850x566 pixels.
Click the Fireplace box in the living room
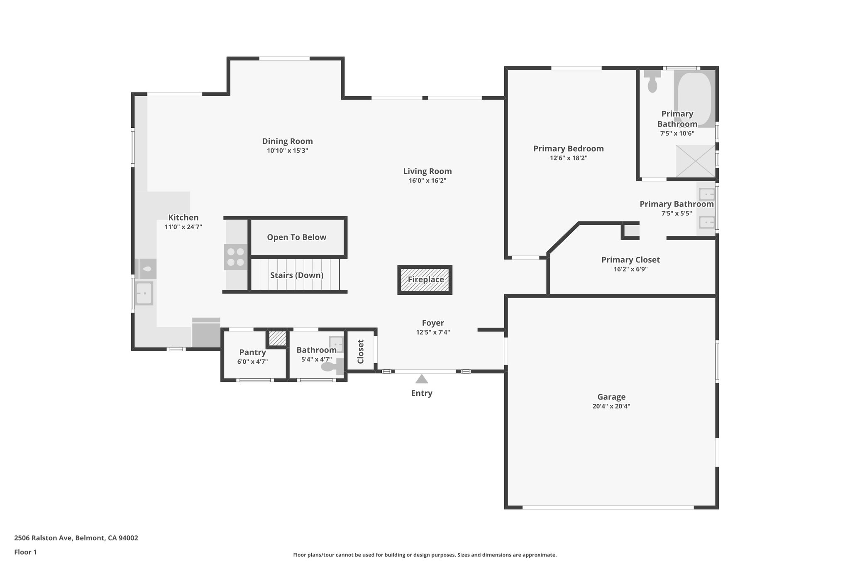pyautogui.click(x=425, y=280)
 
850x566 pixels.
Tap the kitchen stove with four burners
pyautogui.click(x=236, y=257)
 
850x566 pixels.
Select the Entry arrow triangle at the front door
pyautogui.click(x=422, y=379)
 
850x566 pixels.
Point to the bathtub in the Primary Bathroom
pyautogui.click(x=694, y=99)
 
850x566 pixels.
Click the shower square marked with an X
pyautogui.click(x=695, y=161)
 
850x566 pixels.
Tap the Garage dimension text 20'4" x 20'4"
pyautogui.click(x=611, y=406)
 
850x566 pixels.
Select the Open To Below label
pyautogui.click(x=296, y=237)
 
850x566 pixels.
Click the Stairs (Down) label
pyautogui.click(x=296, y=275)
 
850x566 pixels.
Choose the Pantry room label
pyautogui.click(x=252, y=352)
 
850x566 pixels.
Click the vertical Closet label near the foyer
pyautogui.click(x=361, y=351)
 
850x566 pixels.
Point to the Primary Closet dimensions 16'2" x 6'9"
pyautogui.click(x=630, y=269)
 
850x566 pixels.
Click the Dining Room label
pyautogui.click(x=287, y=141)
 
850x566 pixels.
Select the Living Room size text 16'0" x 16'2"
pyautogui.click(x=427, y=181)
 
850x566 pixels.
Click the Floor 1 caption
pyautogui.click(x=25, y=552)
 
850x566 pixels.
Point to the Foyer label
pyautogui.click(x=433, y=323)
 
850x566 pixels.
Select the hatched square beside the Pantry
pyautogui.click(x=277, y=338)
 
